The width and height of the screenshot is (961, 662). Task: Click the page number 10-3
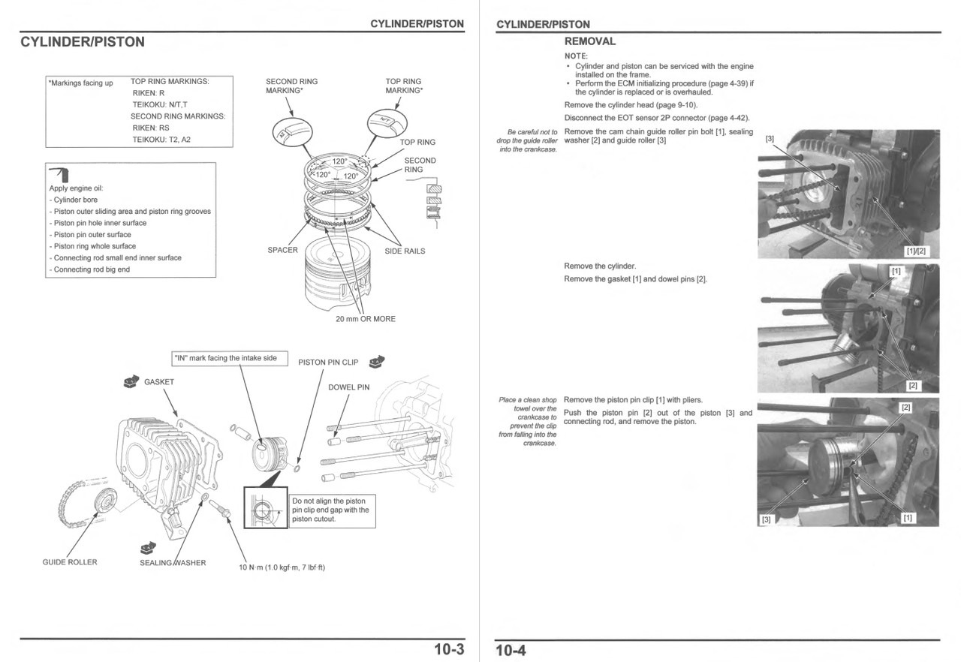449,649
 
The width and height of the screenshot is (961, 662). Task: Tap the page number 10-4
511,650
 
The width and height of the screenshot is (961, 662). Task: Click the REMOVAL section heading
589,41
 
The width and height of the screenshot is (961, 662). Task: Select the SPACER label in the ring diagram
282,250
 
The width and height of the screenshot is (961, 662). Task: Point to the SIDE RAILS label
405,251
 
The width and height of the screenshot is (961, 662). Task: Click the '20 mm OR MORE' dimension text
365,319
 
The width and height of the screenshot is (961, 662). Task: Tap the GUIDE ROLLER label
70,562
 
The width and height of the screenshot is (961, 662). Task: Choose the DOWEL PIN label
349,387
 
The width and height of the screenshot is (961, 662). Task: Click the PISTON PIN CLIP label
328,363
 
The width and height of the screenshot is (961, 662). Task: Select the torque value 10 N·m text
282,567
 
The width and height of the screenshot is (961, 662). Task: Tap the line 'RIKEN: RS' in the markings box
151,128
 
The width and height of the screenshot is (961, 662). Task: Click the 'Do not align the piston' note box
331,510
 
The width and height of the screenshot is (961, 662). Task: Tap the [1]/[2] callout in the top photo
917,251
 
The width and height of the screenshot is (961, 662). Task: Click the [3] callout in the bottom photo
766,519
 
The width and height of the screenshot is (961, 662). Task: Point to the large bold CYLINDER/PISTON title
83,42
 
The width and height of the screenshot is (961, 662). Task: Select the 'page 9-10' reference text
676,105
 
